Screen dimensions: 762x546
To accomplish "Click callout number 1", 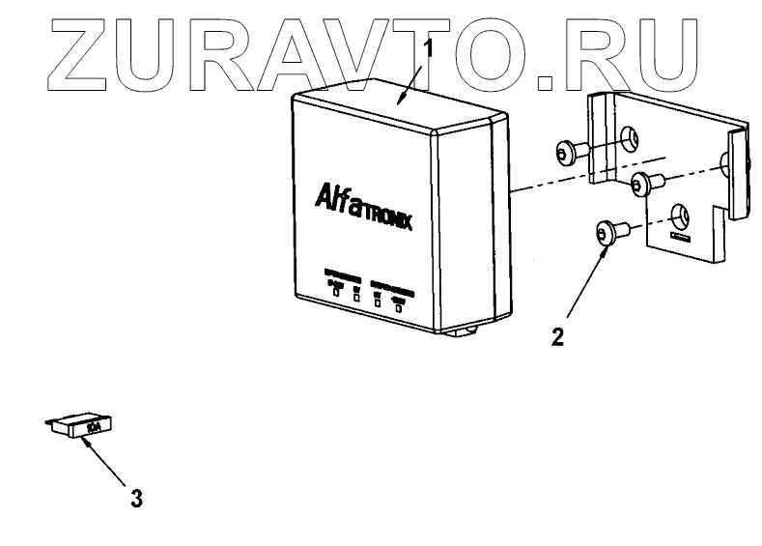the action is coord(429,47).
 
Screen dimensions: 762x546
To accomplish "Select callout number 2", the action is coord(557,337).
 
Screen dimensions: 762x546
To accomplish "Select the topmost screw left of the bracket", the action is coord(570,151).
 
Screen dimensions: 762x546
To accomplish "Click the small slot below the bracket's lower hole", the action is coord(679,235).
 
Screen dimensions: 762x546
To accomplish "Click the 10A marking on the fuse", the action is coord(95,424).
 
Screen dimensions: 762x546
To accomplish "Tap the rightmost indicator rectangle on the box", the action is coord(398,308).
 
